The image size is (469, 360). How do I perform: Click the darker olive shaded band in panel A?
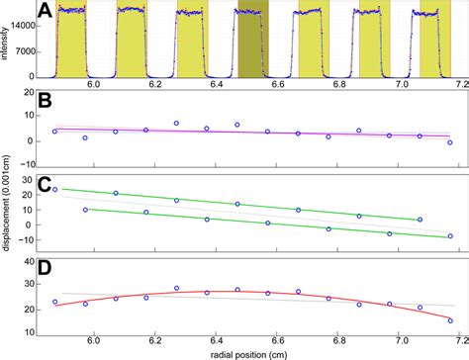coord(252,45)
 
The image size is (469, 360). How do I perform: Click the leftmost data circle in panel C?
coord(54,189)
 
